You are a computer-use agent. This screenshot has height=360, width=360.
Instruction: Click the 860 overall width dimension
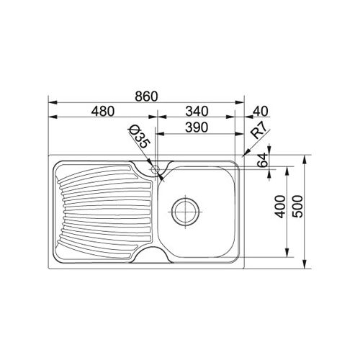(146, 96)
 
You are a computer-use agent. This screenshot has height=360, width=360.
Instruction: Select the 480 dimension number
(103, 112)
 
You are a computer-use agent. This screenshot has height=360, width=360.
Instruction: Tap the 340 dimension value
(197, 112)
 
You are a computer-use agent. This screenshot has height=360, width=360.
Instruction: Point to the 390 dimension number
(197, 127)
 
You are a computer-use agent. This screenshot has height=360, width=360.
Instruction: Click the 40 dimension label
(261, 112)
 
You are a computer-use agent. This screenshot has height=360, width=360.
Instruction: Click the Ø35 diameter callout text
(139, 137)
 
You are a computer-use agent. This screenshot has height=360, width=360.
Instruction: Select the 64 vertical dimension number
(262, 160)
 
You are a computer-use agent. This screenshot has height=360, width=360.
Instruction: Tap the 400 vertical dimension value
(280, 207)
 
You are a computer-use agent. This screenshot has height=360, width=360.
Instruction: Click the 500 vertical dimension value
(298, 207)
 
